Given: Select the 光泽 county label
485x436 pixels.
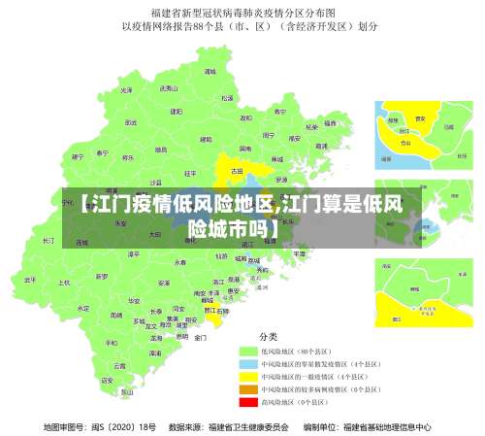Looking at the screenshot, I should tap(126, 90).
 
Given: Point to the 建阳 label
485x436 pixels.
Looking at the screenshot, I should tap(177, 112).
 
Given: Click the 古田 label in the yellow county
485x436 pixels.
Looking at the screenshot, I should tap(237, 171).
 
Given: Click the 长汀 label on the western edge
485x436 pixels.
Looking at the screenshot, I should tap(48, 240).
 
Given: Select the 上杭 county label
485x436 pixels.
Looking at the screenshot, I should tap(65, 284).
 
